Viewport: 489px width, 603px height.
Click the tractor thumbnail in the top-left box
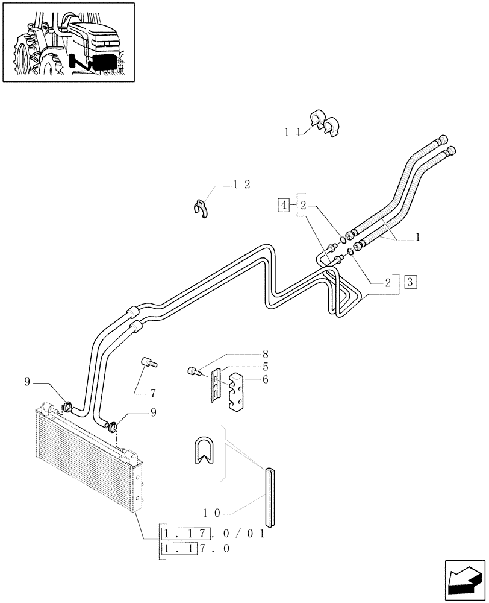(x=67, y=42)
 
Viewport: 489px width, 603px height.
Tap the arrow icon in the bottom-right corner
(x=465, y=580)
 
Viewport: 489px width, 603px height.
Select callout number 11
(x=293, y=132)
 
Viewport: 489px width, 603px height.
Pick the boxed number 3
(x=410, y=281)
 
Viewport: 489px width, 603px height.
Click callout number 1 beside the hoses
(x=417, y=238)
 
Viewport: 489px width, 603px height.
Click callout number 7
(x=154, y=393)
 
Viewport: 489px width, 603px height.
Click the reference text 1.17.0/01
(x=214, y=534)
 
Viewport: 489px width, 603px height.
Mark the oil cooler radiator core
(x=84, y=458)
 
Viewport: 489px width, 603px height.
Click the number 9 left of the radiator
(x=27, y=381)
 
